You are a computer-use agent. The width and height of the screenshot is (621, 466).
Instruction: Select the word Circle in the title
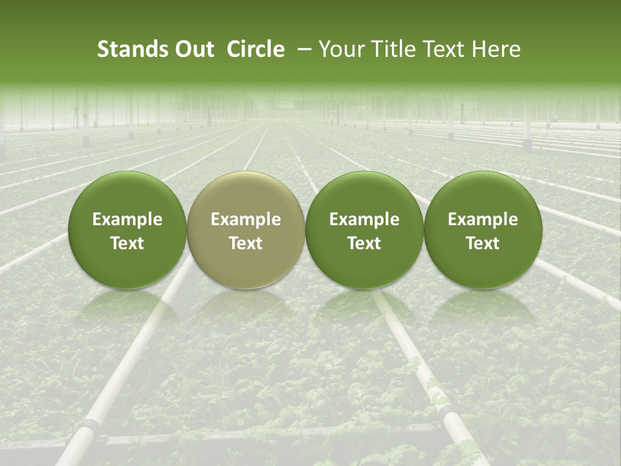click(x=255, y=49)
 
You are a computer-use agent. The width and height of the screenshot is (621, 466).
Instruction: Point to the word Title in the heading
click(x=395, y=49)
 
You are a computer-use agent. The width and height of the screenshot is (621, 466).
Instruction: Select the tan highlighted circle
click(x=246, y=230)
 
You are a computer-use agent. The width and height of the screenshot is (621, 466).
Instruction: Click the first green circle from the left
click(x=127, y=230)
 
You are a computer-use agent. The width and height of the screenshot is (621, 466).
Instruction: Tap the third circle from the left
click(x=364, y=230)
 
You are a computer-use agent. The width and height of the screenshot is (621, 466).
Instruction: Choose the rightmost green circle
click(x=483, y=230)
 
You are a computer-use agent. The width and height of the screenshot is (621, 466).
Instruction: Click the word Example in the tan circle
click(x=246, y=219)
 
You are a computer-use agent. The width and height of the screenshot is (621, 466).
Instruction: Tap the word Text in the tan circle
click(x=246, y=243)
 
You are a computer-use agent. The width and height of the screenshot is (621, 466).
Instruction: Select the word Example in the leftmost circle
click(x=127, y=219)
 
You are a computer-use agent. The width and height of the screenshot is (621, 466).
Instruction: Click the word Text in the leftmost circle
click(x=127, y=243)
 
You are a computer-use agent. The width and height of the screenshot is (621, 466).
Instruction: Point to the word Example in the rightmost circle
click(x=483, y=219)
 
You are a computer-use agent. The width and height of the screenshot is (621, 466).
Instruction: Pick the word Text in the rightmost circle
click(x=483, y=243)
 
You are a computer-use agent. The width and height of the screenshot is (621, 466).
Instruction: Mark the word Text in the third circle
click(x=364, y=243)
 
